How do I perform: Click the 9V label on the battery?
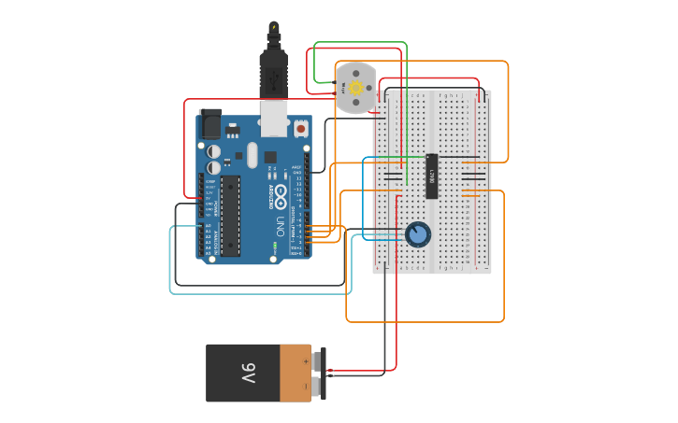(x=248, y=374)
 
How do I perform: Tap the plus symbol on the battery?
(x=306, y=360)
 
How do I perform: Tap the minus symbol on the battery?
(x=306, y=387)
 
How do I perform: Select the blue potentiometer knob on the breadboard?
(x=418, y=233)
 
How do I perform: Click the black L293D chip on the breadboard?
(x=433, y=176)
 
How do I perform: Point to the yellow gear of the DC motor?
(x=355, y=87)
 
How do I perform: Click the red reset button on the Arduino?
(x=300, y=127)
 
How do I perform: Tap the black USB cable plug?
(x=272, y=73)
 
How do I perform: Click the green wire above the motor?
(x=360, y=43)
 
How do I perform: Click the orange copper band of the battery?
(x=295, y=374)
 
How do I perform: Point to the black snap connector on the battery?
(x=318, y=374)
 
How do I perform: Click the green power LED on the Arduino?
(x=275, y=246)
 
